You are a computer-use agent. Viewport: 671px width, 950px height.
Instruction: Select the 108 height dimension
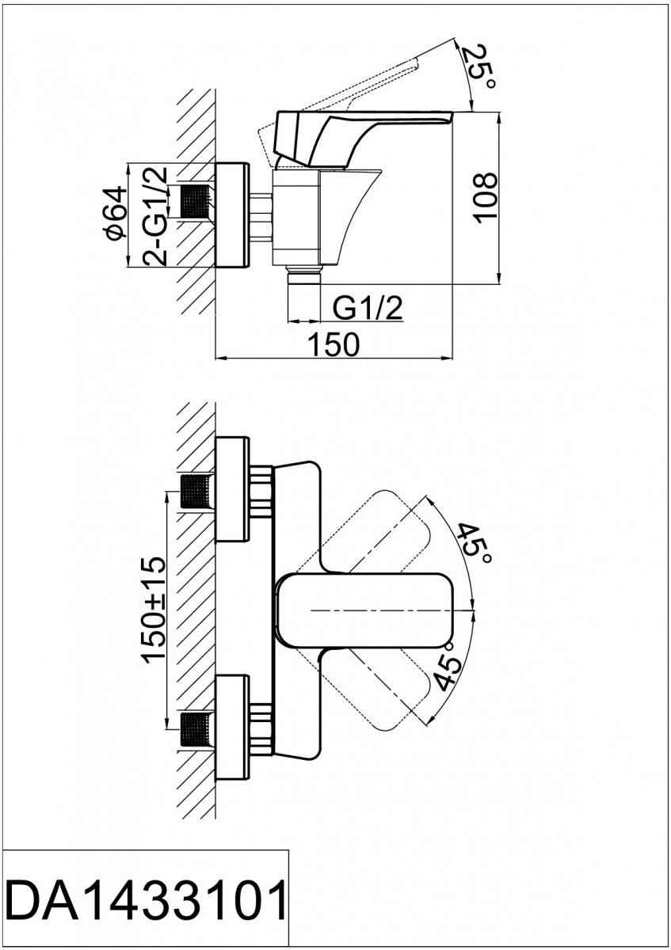click(485, 197)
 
